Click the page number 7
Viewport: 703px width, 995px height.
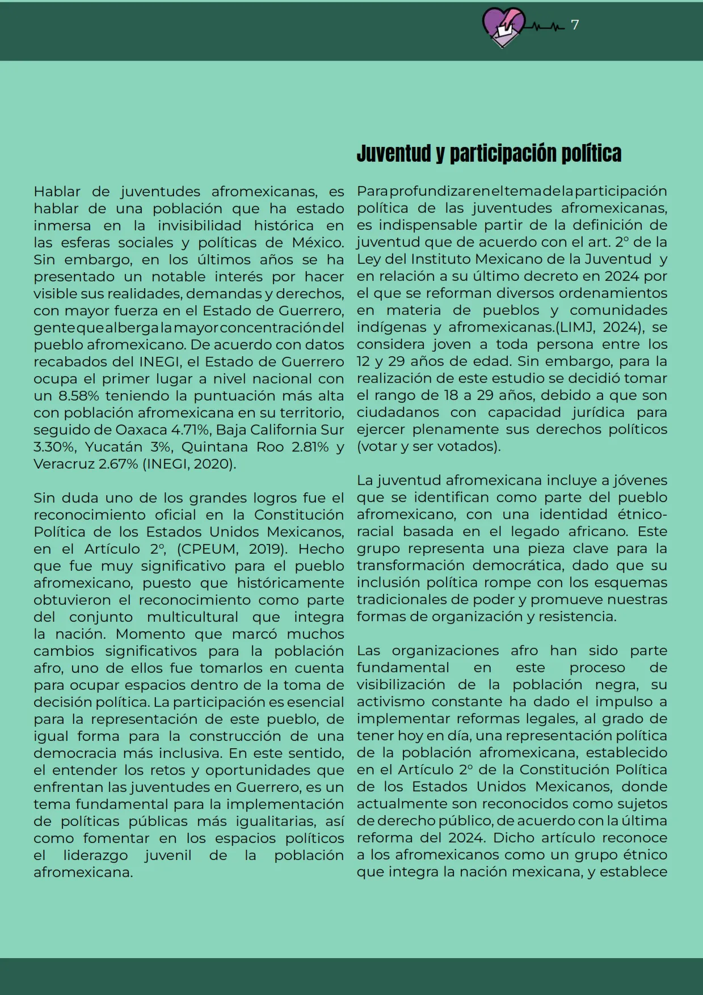[575, 25]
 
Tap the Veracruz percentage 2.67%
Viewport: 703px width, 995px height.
[119, 464]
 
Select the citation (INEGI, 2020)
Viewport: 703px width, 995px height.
[190, 464]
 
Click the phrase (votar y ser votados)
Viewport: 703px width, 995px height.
[428, 446]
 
